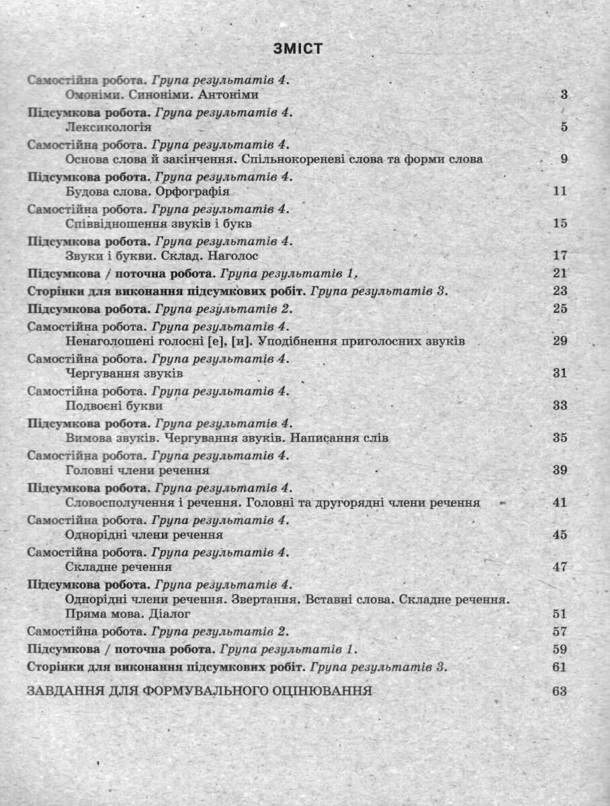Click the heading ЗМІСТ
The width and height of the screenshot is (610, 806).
[x=298, y=48]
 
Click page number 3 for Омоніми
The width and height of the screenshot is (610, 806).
[x=564, y=95]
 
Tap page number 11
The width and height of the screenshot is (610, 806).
[x=560, y=191]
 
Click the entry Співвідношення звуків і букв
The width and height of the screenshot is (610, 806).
[x=159, y=223]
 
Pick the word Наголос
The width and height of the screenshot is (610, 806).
[x=232, y=256]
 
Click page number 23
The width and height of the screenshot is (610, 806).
[x=560, y=291]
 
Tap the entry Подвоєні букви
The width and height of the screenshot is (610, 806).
[x=115, y=406]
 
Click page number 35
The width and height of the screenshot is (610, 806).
[x=560, y=438]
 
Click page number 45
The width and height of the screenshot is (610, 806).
[x=560, y=535]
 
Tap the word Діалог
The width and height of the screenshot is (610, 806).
[x=171, y=614]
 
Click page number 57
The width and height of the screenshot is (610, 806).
[x=560, y=632]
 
